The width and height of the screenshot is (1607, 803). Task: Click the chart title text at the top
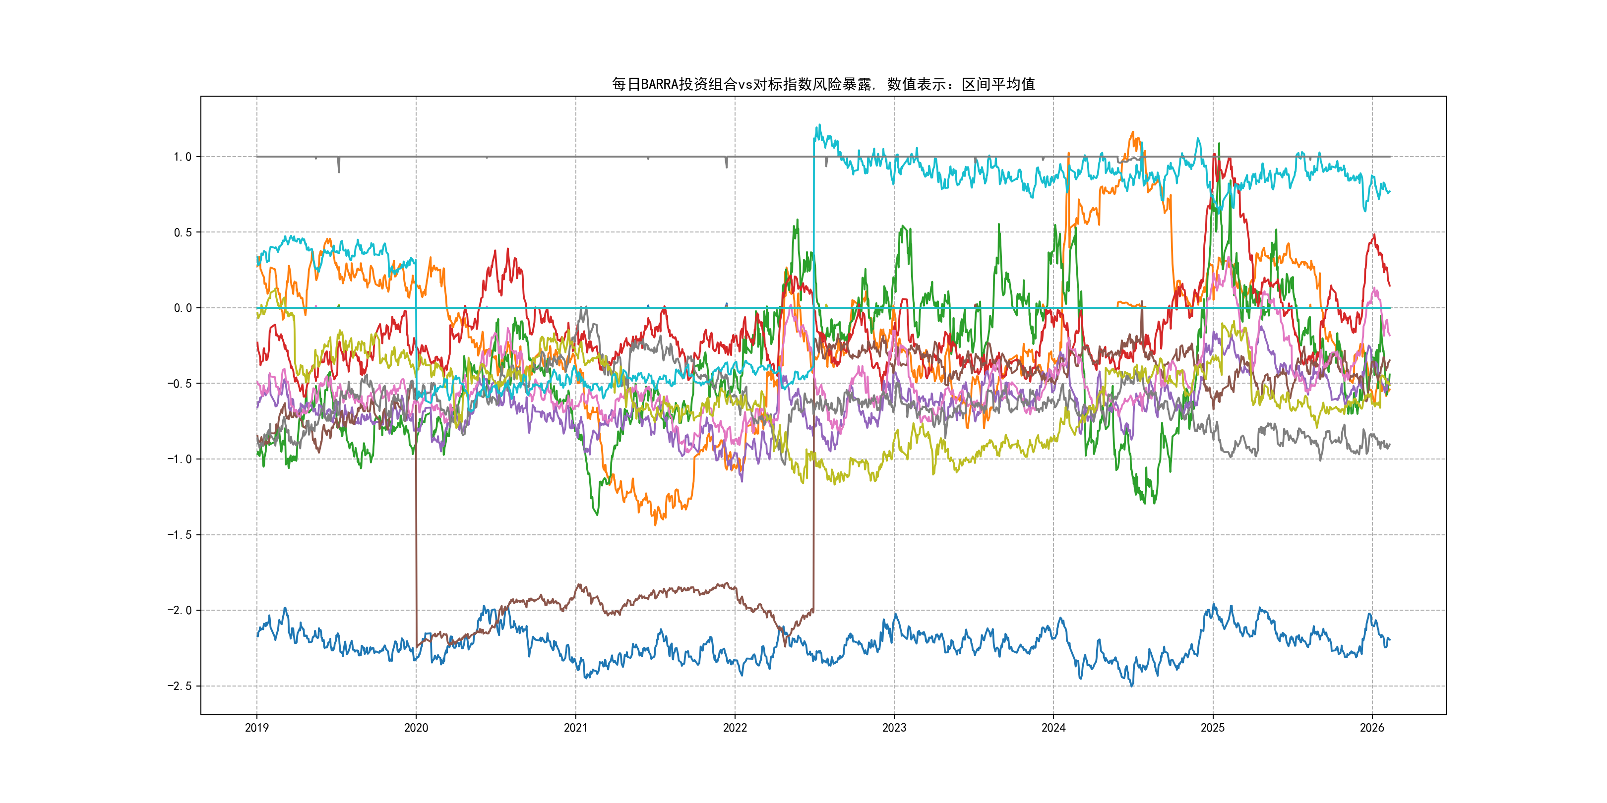[823, 84]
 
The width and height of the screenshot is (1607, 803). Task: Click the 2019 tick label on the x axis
[256, 728]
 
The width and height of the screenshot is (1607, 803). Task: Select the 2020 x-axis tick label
[416, 728]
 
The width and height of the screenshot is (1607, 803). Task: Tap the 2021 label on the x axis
[575, 728]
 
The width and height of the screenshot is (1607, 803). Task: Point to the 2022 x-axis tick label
[735, 728]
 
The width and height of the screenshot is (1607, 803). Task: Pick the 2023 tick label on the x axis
[894, 728]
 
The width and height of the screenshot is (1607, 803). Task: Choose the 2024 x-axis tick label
[1053, 728]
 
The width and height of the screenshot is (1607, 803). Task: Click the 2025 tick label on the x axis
[1213, 728]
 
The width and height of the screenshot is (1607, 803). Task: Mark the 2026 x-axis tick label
[1372, 728]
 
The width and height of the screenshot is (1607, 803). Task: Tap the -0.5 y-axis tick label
[179, 384]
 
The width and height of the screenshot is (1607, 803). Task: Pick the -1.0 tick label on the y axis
[179, 459]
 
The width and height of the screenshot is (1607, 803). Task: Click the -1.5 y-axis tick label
[179, 535]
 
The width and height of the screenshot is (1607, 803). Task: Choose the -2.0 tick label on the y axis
[179, 610]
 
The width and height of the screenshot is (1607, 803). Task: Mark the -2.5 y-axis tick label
[179, 687]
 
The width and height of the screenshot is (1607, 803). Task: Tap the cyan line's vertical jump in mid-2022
[813, 249]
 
